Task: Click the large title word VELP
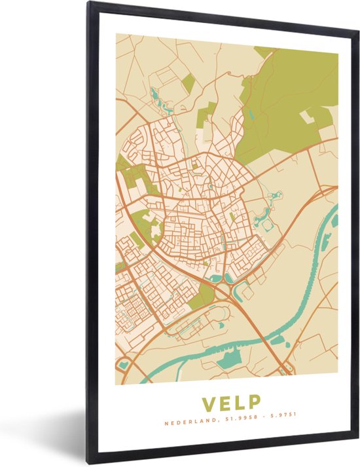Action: pyautogui.click(x=231, y=402)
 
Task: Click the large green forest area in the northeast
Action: pyautogui.click(x=288, y=98)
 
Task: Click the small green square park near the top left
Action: pyautogui.click(x=188, y=83)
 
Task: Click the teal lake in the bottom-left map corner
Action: pyautogui.click(x=122, y=364)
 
